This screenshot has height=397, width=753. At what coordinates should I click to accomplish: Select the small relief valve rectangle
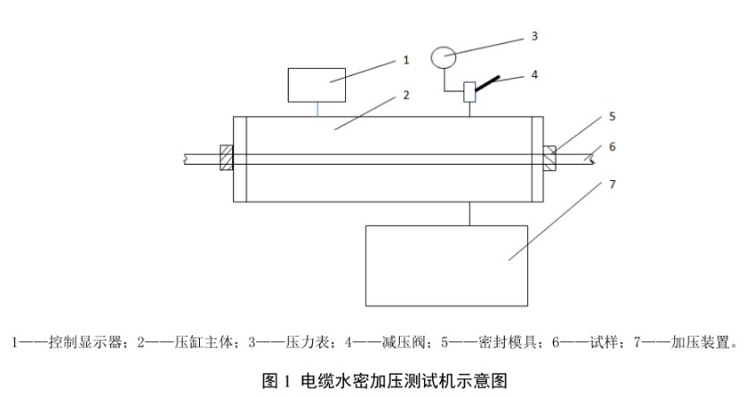click(x=468, y=92)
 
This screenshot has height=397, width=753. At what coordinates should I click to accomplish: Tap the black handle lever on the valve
click(x=489, y=82)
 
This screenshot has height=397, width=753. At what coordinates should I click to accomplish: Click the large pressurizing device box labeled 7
click(x=446, y=254)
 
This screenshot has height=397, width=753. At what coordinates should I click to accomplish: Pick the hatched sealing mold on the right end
click(x=550, y=158)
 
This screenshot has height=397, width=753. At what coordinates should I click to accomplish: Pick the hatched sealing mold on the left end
click(x=226, y=159)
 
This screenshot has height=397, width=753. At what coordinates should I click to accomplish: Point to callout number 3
click(x=534, y=36)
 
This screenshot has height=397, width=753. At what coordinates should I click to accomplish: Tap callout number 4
click(x=534, y=74)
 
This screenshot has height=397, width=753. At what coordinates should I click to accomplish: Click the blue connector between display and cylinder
click(x=316, y=108)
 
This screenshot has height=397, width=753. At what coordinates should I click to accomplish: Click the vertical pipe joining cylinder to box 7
click(x=469, y=213)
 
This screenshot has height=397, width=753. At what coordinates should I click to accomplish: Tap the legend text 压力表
click(x=290, y=341)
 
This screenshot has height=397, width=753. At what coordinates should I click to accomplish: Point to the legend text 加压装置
click(x=700, y=341)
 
